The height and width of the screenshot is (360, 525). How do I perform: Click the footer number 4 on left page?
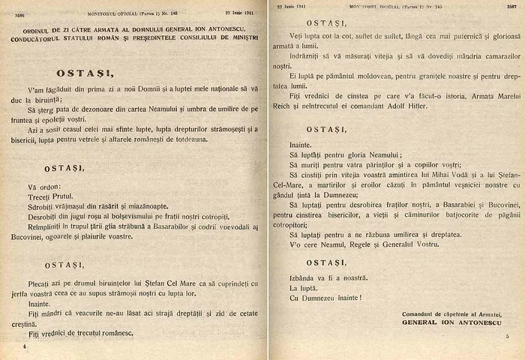[25, 347]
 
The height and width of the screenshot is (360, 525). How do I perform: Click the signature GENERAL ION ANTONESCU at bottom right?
[453, 322]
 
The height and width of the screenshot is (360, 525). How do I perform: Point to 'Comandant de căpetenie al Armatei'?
[452, 312]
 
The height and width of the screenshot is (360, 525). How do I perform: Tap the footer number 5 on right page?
[507, 337]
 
